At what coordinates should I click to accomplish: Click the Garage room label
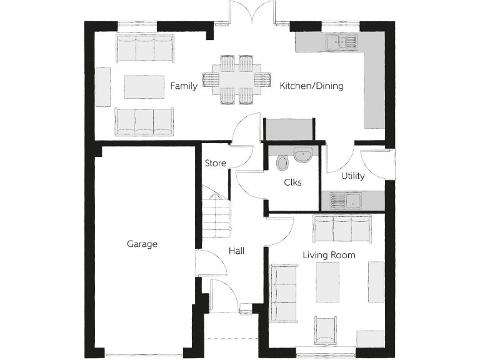(142, 244)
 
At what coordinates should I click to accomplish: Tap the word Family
(184, 86)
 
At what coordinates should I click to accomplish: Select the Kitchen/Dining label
(311, 86)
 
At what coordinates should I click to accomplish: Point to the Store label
(216, 164)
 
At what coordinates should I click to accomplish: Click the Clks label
(292, 182)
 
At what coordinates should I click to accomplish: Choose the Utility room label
(352, 176)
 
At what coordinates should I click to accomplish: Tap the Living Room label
(329, 255)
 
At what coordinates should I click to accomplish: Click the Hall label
(236, 251)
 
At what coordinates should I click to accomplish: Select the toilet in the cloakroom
(282, 162)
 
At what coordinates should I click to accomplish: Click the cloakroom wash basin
(303, 154)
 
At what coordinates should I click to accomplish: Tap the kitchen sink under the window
(341, 42)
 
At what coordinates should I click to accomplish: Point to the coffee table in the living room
(328, 281)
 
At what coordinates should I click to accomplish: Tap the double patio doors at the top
(252, 12)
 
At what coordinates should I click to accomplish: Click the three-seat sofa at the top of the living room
(342, 229)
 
